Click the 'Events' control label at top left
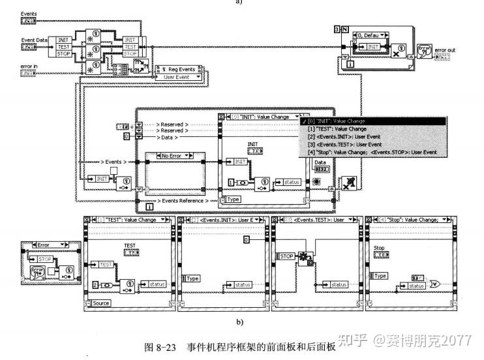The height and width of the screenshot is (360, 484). tap(28, 13)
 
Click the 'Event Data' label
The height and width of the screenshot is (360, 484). tap(32, 40)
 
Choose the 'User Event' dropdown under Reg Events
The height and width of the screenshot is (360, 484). tap(176, 77)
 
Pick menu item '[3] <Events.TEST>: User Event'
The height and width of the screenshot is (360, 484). tap(353, 145)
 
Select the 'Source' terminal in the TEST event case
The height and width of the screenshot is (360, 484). tap(101, 303)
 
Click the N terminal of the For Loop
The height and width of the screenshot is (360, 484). tap(344, 29)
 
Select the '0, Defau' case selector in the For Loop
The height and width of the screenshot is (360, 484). tap(372, 29)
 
